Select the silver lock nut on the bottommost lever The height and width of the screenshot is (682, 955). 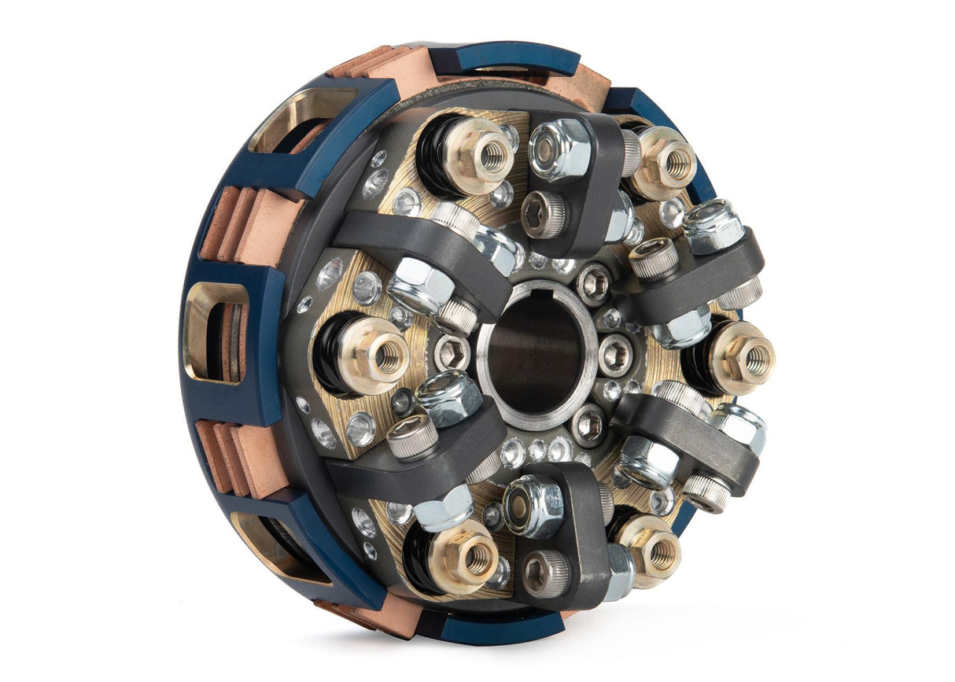click(533, 505)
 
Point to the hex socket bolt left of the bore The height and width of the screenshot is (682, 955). click(453, 353)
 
